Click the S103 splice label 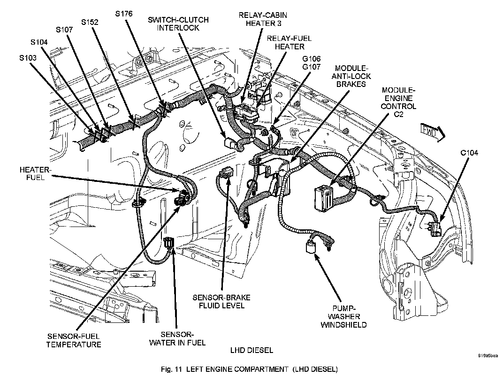[28, 58]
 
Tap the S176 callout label [124, 14]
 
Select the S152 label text [90, 22]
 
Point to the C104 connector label [469, 153]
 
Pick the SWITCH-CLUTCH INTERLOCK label [178, 24]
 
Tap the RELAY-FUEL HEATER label [290, 42]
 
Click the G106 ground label [312, 59]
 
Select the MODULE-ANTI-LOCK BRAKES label [351, 76]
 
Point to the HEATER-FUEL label [35, 173]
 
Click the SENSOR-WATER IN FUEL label [177, 339]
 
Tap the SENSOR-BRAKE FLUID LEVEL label [221, 301]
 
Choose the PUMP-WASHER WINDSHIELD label [343, 317]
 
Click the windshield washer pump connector [311, 247]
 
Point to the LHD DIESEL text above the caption [252, 350]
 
